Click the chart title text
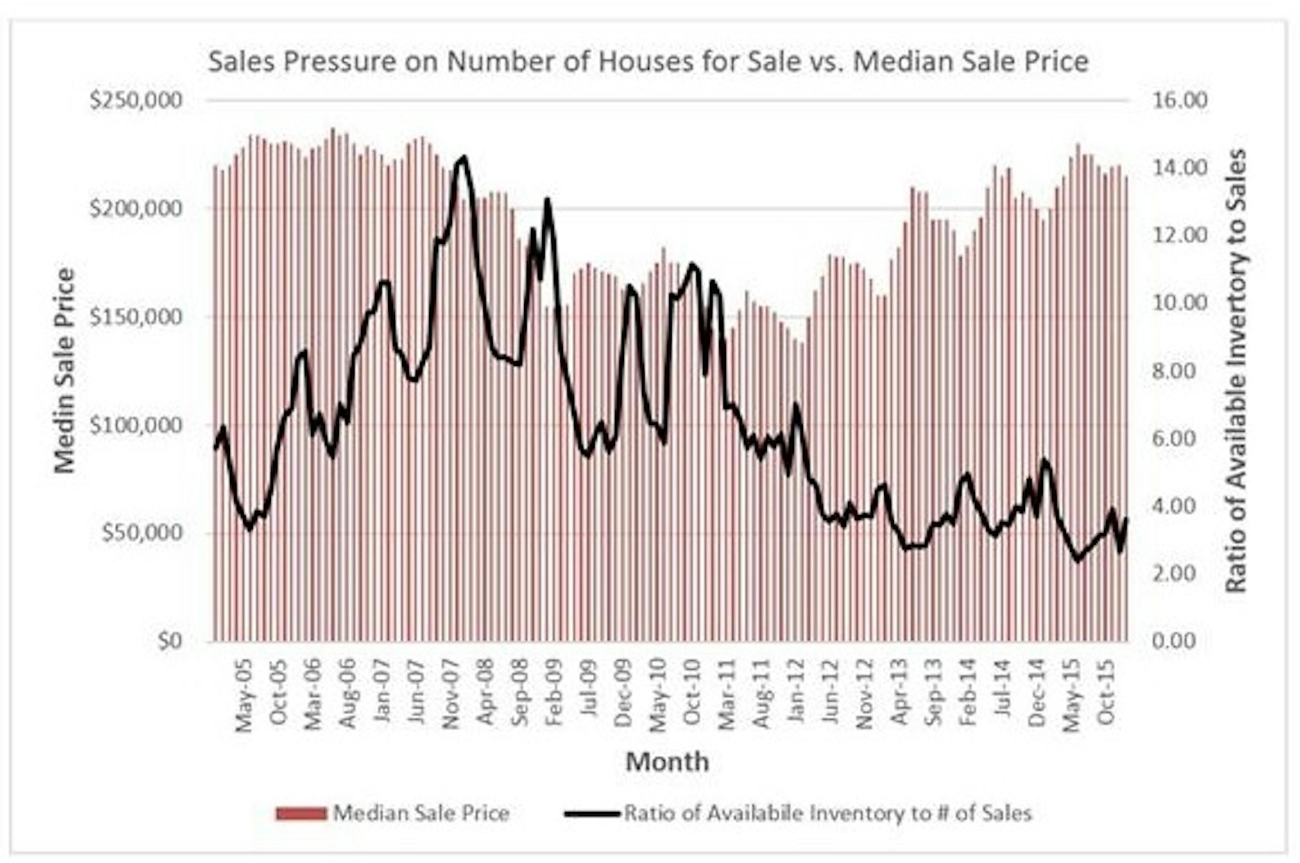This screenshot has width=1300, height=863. click(648, 62)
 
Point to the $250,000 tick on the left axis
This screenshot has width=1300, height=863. click(135, 101)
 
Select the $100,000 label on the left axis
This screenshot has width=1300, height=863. click(135, 425)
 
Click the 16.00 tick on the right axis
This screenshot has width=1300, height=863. click(1180, 101)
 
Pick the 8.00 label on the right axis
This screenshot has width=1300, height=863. click(1180, 371)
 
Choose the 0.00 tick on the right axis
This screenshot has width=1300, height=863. click(1180, 642)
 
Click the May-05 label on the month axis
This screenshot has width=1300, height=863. click(243, 695)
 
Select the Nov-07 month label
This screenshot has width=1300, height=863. click(451, 695)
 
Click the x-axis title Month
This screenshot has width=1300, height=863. click(667, 762)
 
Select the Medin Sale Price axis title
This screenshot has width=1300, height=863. click(64, 371)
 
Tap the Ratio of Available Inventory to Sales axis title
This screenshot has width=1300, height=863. click(1236, 371)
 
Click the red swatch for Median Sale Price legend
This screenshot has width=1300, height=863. click(301, 814)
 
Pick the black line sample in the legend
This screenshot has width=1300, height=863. click(592, 814)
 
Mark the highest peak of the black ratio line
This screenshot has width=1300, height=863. click(463, 158)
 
